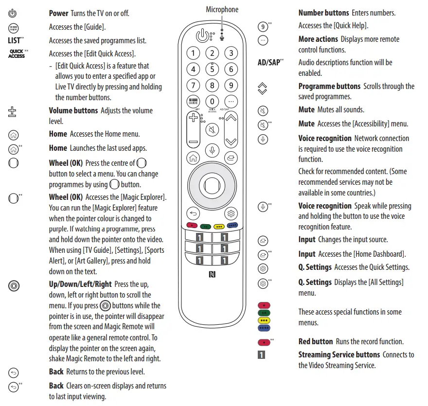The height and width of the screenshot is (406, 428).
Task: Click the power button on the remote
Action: [201, 35]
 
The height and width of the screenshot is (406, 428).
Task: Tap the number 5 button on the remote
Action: [212, 69]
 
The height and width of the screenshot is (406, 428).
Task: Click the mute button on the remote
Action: [212, 130]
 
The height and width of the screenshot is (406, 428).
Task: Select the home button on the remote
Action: [193, 157]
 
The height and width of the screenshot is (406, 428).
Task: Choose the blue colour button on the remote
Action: [232, 226]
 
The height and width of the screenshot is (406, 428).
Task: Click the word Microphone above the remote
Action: [222, 10]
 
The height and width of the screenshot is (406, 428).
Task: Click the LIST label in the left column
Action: [15, 41]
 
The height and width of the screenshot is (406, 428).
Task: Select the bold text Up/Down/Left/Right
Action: [80, 284]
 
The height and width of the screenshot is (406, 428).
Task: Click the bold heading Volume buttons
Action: [73, 110]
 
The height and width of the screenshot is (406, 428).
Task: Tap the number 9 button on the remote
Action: [231, 86]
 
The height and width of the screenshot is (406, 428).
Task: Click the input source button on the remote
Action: [231, 157]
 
